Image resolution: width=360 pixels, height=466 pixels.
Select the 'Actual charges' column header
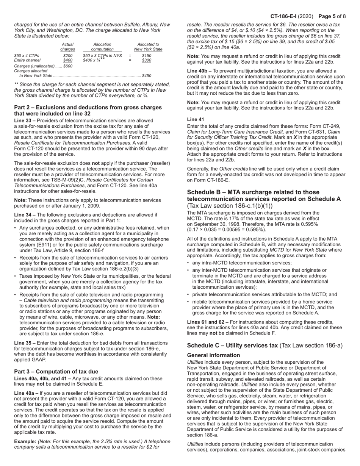point(67,47)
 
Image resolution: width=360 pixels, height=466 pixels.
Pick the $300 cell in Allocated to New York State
point(146,60)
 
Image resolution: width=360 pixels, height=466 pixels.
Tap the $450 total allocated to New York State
point(146,76)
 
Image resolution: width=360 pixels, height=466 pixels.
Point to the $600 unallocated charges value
point(68,66)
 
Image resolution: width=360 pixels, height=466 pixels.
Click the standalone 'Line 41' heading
point(196,119)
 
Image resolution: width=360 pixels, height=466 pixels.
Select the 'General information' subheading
point(213,355)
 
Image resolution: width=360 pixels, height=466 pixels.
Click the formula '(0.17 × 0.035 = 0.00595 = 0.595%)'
point(227,230)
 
